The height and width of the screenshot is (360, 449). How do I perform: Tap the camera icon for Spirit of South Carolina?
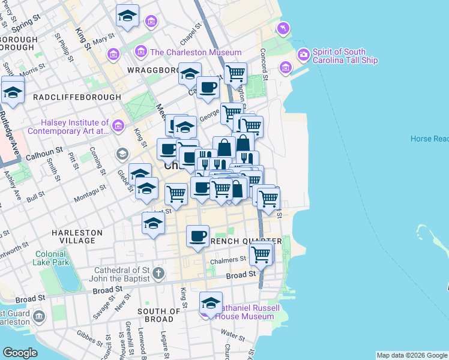coord(303,55)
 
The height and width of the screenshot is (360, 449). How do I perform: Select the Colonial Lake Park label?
coord(51,259)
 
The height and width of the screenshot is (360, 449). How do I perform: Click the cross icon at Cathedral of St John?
coord(158,274)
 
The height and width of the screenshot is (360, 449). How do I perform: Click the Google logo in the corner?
coord(20,353)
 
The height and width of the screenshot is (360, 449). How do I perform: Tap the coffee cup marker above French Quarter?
coord(197,235)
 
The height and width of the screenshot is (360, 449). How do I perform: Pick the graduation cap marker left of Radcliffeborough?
coord(13,91)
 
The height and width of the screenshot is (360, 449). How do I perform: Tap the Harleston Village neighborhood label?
coord(77,236)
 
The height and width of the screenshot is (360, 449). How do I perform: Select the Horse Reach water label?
coord(429,139)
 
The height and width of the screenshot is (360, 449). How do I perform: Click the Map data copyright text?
coord(412,355)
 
